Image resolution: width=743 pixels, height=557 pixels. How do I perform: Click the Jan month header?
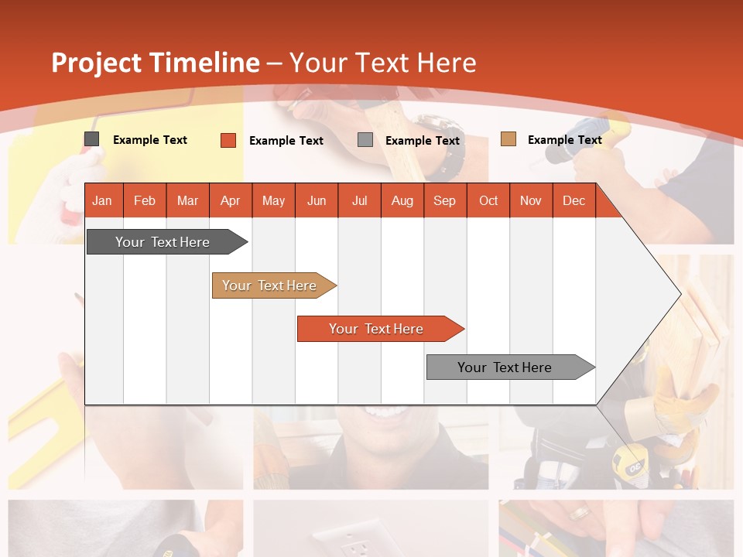click(102, 200)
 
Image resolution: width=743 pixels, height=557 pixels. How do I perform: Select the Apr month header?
click(230, 200)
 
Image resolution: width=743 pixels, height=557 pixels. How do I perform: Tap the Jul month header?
click(359, 200)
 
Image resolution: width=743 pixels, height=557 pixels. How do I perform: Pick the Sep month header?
click(444, 200)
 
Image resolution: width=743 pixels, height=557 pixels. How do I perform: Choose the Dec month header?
click(574, 200)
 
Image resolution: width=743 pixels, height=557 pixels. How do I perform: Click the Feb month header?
click(145, 200)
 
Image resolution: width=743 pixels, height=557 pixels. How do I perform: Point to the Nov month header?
click(531, 200)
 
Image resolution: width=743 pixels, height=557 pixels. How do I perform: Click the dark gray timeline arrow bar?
click(163, 242)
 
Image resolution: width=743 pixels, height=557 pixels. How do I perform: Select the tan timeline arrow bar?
click(269, 285)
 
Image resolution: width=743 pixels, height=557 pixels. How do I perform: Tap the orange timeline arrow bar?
click(376, 329)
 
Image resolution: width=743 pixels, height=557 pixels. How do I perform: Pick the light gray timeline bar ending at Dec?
click(505, 367)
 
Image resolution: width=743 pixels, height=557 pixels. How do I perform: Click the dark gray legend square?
click(92, 139)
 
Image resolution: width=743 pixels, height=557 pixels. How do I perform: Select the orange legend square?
click(228, 140)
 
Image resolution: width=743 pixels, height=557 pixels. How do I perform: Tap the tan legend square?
click(508, 139)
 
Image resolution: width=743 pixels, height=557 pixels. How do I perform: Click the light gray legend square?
click(365, 140)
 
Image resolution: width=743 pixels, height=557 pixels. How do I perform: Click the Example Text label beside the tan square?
click(564, 140)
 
